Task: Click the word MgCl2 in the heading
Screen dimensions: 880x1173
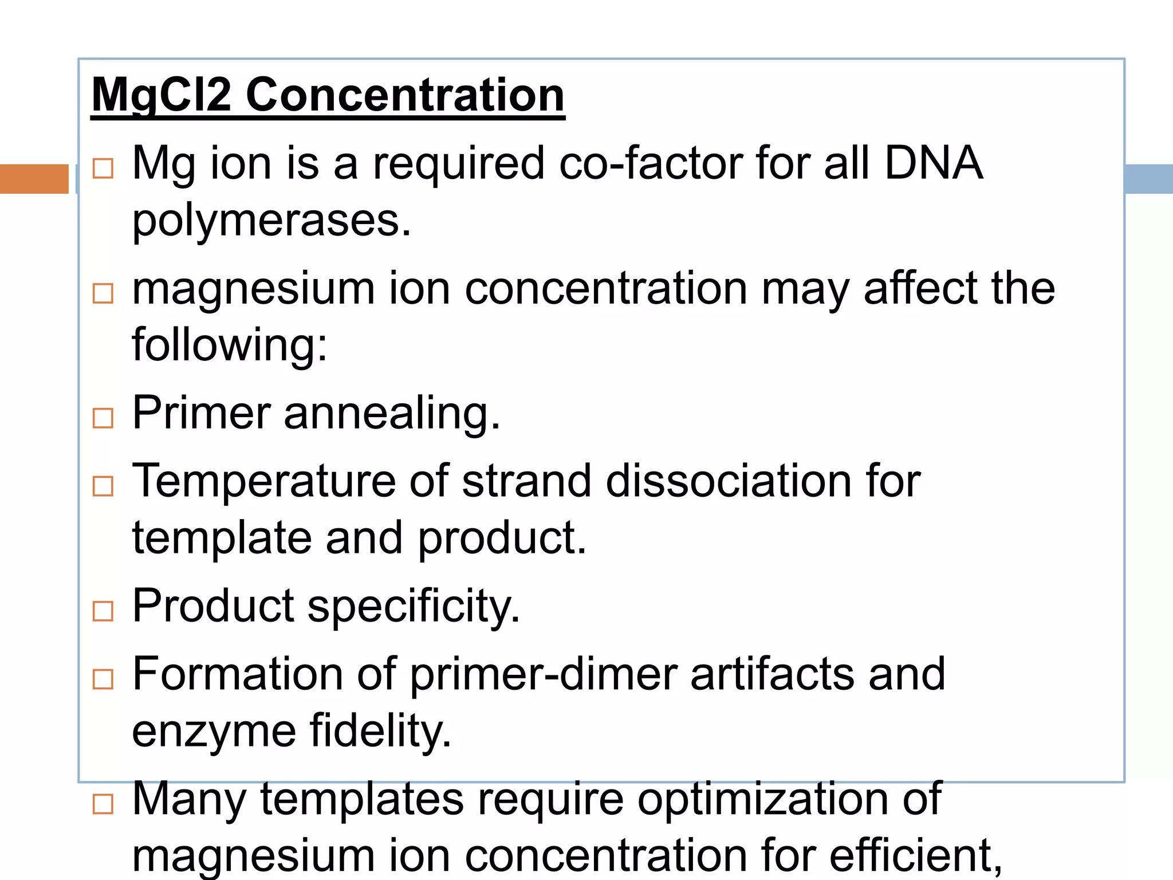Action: [162, 95]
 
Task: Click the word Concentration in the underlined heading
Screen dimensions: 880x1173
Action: [405, 95]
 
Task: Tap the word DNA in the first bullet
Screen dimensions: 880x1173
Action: [934, 163]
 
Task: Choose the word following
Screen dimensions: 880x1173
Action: [229, 345]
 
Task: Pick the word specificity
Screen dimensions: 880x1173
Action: [414, 606]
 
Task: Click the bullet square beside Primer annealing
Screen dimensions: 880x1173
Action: [103, 418]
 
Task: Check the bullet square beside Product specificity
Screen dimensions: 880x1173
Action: [103, 611]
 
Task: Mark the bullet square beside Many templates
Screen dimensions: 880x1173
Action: [103, 804]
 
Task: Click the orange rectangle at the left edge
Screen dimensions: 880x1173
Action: [34, 179]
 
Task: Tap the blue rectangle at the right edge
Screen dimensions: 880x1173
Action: [1149, 179]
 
